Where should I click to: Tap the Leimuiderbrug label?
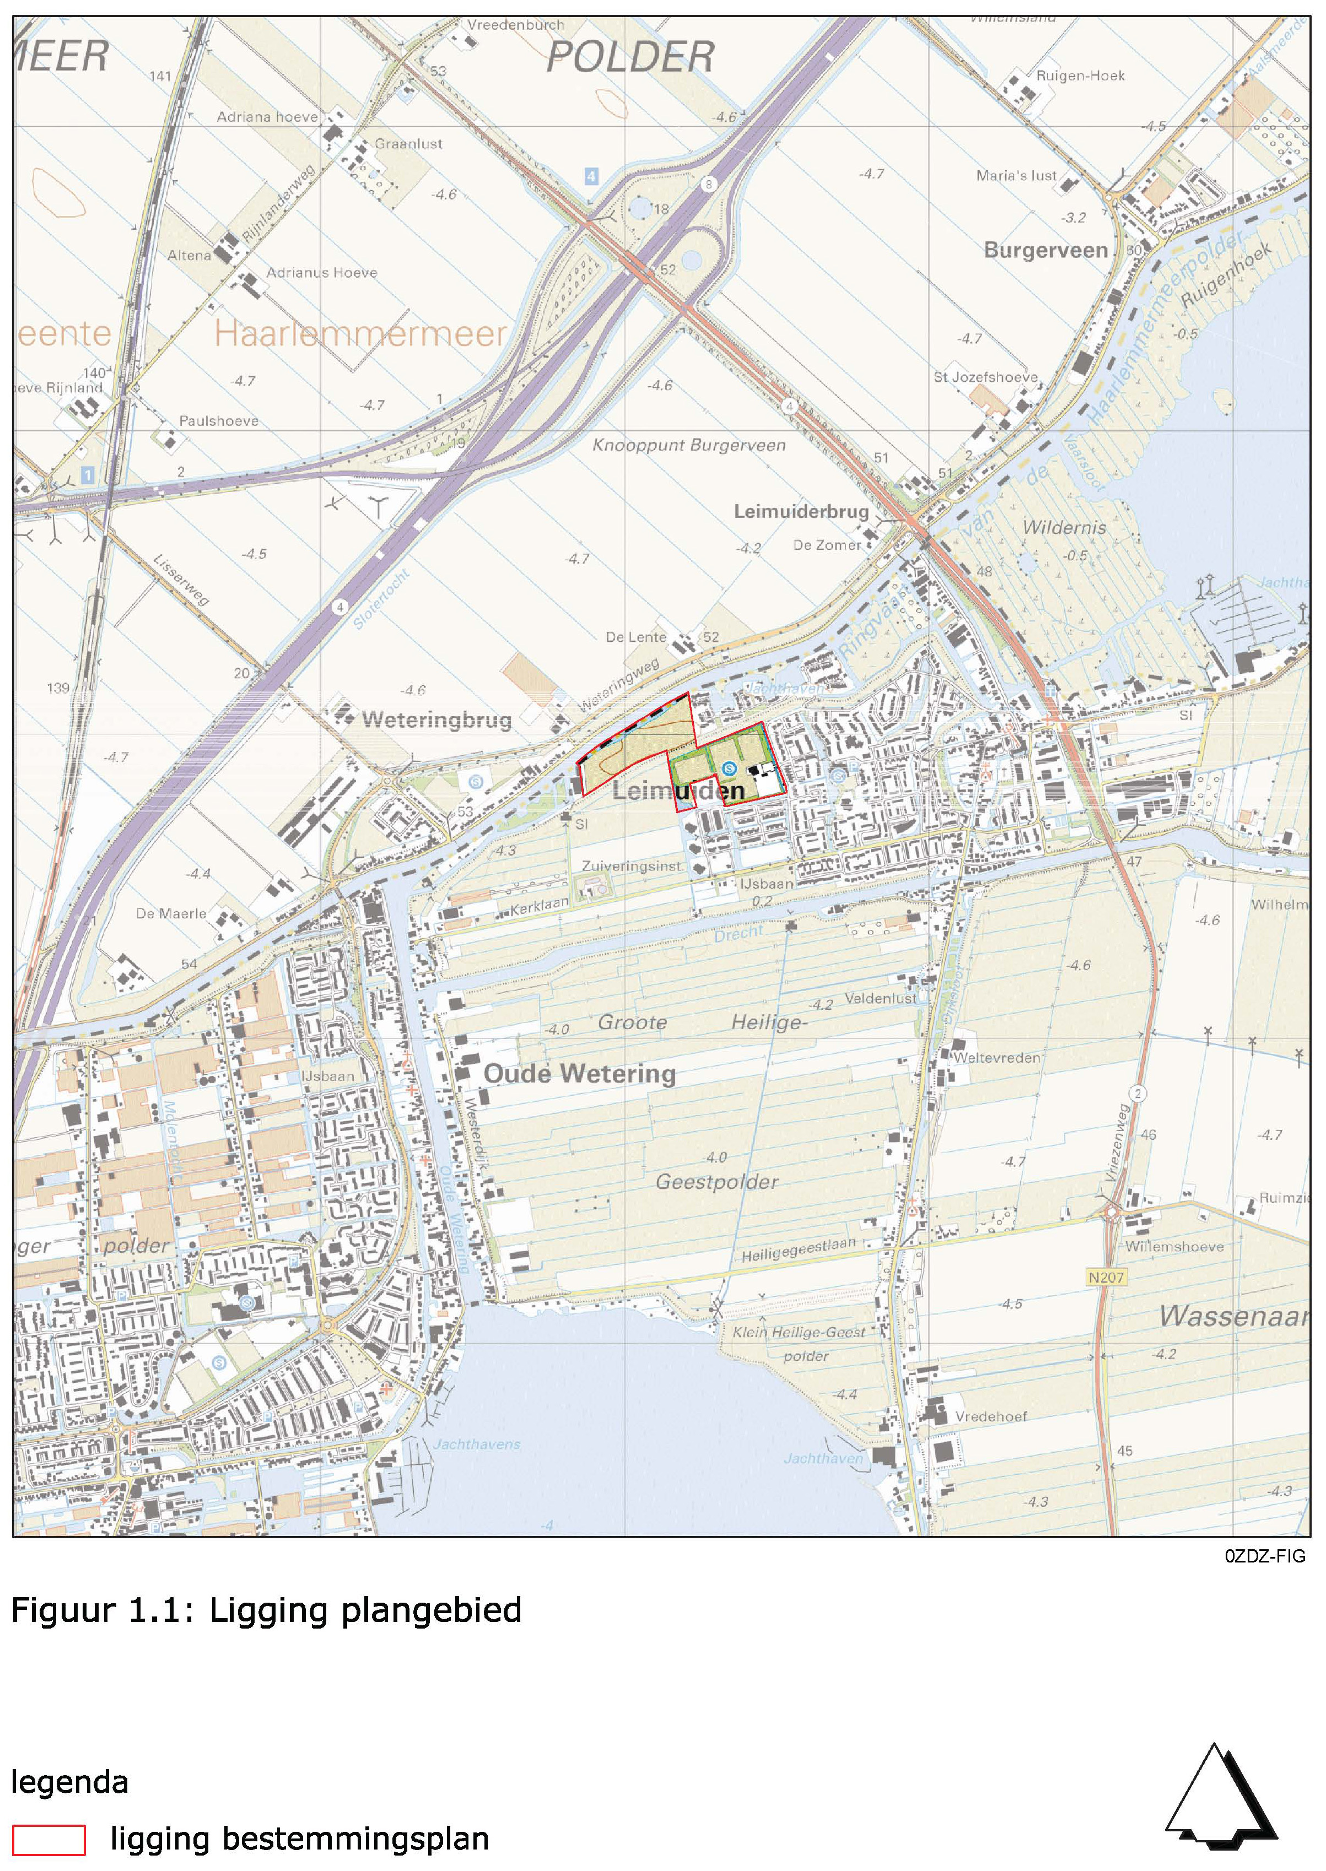pos(801,511)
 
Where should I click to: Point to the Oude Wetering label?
pos(580,1073)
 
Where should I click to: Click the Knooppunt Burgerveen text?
pos(688,445)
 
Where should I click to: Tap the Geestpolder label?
pos(717,1181)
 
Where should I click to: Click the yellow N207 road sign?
pos(1106,1277)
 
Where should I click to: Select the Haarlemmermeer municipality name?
pos(359,333)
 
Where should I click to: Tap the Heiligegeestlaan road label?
pos(799,1250)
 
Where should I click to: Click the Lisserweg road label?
pos(181,580)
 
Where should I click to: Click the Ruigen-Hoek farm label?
pos(1080,75)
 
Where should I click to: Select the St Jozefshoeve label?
pos(985,377)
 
